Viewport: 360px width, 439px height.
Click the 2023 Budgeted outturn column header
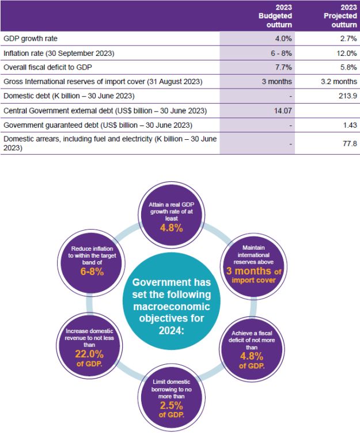click(275, 17)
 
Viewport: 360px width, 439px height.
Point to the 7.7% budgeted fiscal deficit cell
click(283, 67)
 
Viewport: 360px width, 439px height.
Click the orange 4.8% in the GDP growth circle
click(171, 228)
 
